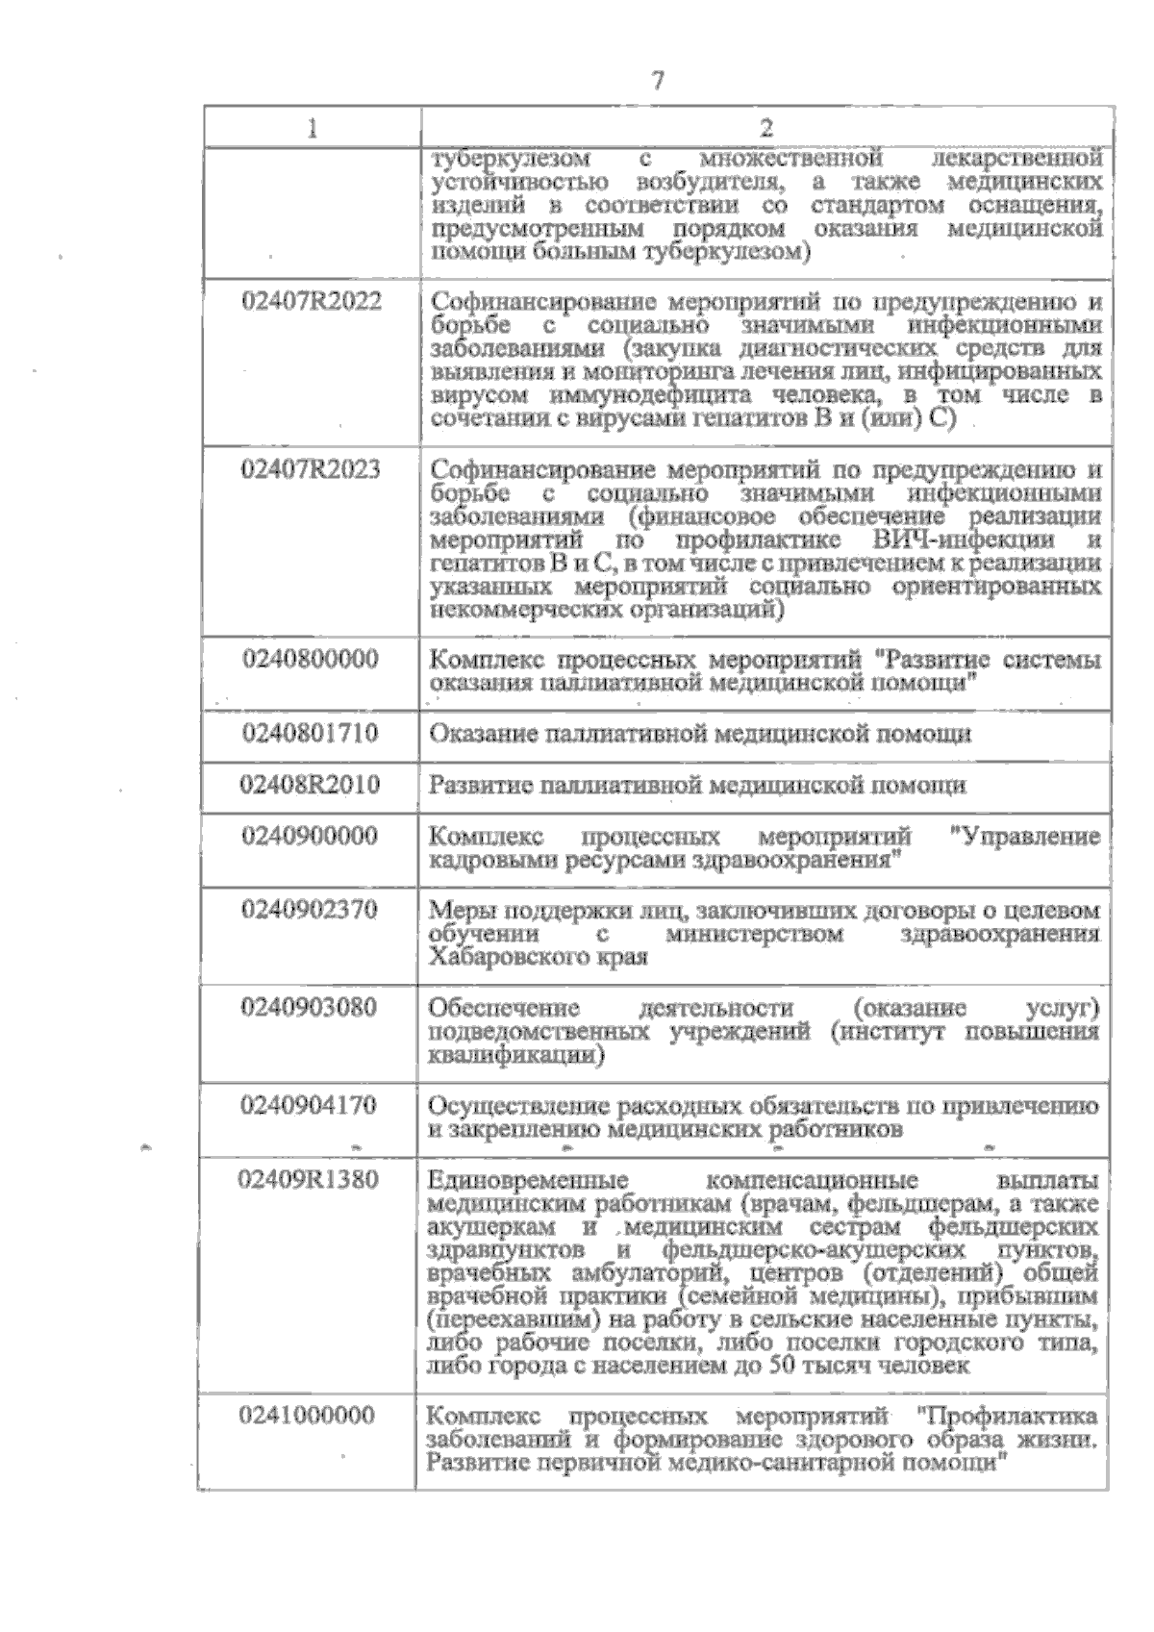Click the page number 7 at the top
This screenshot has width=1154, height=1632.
coord(658,81)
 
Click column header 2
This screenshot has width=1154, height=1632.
coord(766,129)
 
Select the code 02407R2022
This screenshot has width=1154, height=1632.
coord(312,302)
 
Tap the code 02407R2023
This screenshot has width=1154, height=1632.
coord(312,470)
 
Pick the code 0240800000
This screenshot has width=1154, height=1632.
coord(311,660)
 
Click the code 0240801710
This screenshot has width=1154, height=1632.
coord(311,734)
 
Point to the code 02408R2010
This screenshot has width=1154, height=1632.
coord(311,785)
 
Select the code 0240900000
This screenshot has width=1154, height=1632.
coord(311,836)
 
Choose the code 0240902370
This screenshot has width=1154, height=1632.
coord(311,910)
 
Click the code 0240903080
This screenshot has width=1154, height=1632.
coord(311,1008)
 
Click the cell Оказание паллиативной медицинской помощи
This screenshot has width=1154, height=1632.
coord(700,735)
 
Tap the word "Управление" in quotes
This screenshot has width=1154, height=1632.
coord(1023,837)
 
